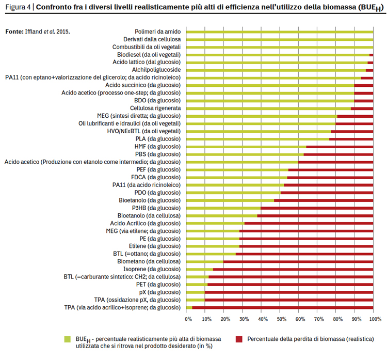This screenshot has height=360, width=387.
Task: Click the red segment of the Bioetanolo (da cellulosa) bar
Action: [315, 216]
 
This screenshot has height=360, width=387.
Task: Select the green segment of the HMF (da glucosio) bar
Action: [246, 147]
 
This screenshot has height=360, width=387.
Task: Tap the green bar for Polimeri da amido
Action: [280, 32]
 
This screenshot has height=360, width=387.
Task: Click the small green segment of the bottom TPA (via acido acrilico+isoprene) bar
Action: [189, 308]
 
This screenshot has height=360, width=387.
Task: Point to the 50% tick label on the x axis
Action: [281, 319]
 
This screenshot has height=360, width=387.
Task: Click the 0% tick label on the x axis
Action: [188, 319]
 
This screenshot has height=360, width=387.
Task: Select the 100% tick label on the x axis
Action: [375, 319]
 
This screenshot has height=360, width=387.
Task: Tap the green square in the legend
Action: [68, 339]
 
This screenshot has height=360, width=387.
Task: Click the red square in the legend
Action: [239, 339]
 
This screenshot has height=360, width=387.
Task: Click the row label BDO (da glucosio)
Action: [157, 101]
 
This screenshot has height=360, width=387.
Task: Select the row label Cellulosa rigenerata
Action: [155, 108]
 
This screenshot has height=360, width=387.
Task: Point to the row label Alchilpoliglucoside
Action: [156, 70]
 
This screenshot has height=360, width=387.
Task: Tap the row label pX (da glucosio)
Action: [159, 292]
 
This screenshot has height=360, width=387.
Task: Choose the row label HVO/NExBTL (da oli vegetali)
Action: [143, 131]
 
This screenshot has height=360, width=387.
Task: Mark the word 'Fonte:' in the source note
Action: [14, 32]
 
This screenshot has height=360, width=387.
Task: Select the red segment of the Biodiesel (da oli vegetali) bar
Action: [371, 55]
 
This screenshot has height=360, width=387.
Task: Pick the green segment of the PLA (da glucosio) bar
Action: [257, 139]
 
